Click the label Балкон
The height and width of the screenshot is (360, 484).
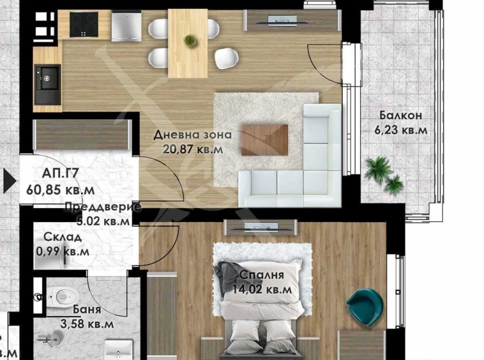click(x=400, y=116)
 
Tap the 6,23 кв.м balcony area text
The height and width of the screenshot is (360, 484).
click(x=401, y=130)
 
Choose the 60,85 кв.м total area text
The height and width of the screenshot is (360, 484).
click(x=61, y=190)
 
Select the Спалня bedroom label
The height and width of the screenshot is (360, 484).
click(x=262, y=276)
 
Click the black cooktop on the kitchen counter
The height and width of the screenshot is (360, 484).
click(x=83, y=26)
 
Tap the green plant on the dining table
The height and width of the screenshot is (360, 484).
click(x=190, y=41)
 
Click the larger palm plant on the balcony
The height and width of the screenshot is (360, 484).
click(x=378, y=169)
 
